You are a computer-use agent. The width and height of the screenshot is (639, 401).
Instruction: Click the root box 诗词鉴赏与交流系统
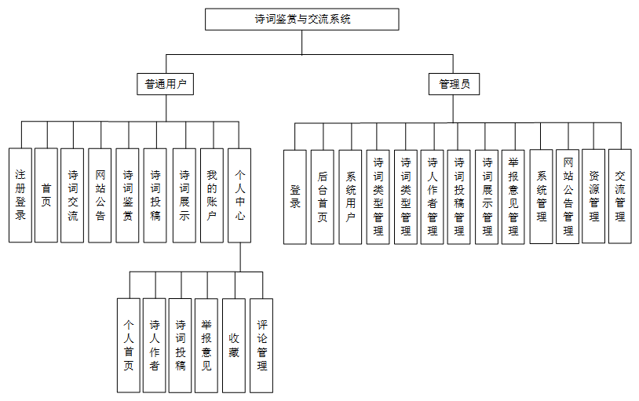click(x=302, y=20)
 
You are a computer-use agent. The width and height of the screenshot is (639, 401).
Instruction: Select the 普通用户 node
click(x=165, y=84)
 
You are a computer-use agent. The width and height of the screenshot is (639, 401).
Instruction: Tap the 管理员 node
click(x=454, y=84)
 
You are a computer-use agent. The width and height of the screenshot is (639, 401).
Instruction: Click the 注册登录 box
click(x=20, y=195)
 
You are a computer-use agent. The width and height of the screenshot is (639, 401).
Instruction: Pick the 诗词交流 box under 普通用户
click(x=72, y=195)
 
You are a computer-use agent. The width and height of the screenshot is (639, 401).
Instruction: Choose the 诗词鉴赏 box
click(x=128, y=195)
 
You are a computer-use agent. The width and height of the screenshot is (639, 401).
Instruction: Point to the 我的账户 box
click(x=212, y=195)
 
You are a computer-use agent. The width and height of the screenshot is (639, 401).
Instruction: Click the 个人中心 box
click(x=239, y=195)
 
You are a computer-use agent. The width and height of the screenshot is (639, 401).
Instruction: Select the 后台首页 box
click(x=323, y=196)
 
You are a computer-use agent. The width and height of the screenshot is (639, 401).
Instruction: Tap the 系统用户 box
click(x=350, y=196)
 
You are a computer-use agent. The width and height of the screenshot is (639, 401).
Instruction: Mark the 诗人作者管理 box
click(x=432, y=196)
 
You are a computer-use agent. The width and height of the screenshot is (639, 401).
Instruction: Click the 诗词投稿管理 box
click(x=459, y=196)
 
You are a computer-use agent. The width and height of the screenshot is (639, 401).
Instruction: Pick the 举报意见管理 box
click(x=513, y=196)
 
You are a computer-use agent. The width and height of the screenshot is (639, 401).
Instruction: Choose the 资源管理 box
click(x=593, y=196)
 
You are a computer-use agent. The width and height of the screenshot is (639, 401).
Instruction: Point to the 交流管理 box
click(x=620, y=196)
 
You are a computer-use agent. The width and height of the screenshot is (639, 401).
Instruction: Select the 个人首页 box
click(x=129, y=345)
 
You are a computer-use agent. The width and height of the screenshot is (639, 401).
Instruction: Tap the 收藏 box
click(x=234, y=345)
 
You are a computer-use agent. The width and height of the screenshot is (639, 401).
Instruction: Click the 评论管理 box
click(x=261, y=345)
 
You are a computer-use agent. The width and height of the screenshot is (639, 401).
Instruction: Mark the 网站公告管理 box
click(x=568, y=196)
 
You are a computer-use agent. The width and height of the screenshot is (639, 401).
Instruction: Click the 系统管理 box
click(x=542, y=196)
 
